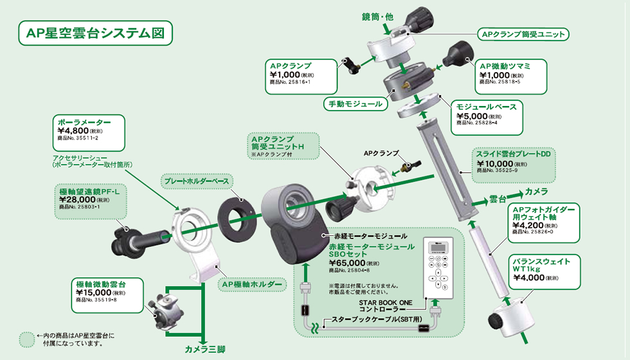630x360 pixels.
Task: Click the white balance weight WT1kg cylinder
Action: point(508,319)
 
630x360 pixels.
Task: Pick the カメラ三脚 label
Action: point(205,349)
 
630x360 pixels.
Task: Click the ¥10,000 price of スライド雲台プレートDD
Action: point(496,163)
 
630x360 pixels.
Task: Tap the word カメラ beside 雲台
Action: point(535,192)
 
